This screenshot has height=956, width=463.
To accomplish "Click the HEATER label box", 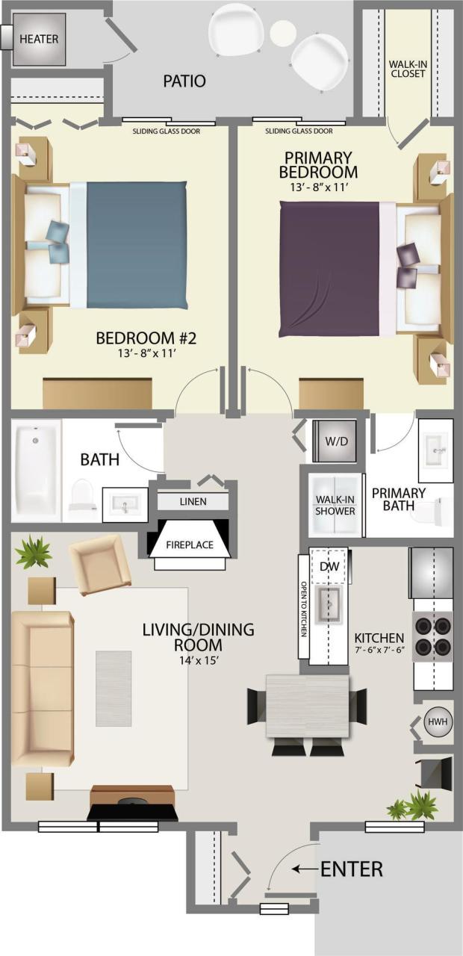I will pos(39,39).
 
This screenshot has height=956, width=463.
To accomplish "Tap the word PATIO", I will pos(184,81).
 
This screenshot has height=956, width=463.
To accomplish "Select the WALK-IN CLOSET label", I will pos(408,69).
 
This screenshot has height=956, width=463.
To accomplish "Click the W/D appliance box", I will pos(336,441).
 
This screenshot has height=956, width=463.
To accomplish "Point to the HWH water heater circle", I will pos(436,722).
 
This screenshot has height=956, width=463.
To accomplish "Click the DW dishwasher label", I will pos(329,567).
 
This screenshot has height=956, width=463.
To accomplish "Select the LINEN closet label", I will pos(193,501).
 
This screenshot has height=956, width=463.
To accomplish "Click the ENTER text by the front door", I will pos(351,869).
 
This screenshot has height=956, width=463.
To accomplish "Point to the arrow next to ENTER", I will pos(304,869).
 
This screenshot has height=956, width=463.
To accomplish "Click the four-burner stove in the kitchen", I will pos(433,634).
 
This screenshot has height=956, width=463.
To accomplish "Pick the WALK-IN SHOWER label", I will pos(335,506).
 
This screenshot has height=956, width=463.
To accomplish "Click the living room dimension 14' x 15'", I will pos(197,660).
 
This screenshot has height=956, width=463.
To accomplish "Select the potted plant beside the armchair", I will pos(33,553).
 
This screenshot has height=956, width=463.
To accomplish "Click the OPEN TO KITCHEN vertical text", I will pos(304,609).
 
